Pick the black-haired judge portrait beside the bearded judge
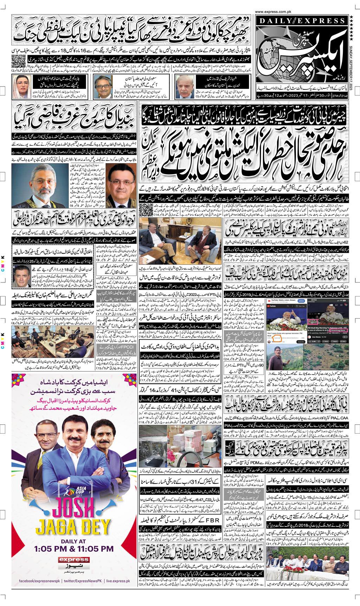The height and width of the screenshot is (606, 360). [121, 186]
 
